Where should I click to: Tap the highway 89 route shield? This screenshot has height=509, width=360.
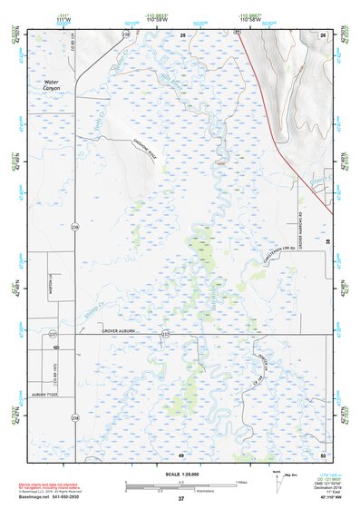pyautogui.click(x=237, y=33)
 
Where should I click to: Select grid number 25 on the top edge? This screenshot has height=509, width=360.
pyautogui.click(x=181, y=34)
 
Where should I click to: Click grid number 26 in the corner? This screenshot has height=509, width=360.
pyautogui.click(x=323, y=34)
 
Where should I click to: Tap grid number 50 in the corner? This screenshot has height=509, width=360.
pyautogui.click(x=323, y=454)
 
